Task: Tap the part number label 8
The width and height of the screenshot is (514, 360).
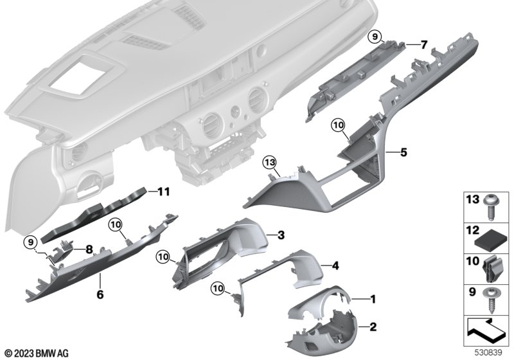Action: pos(89,249)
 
